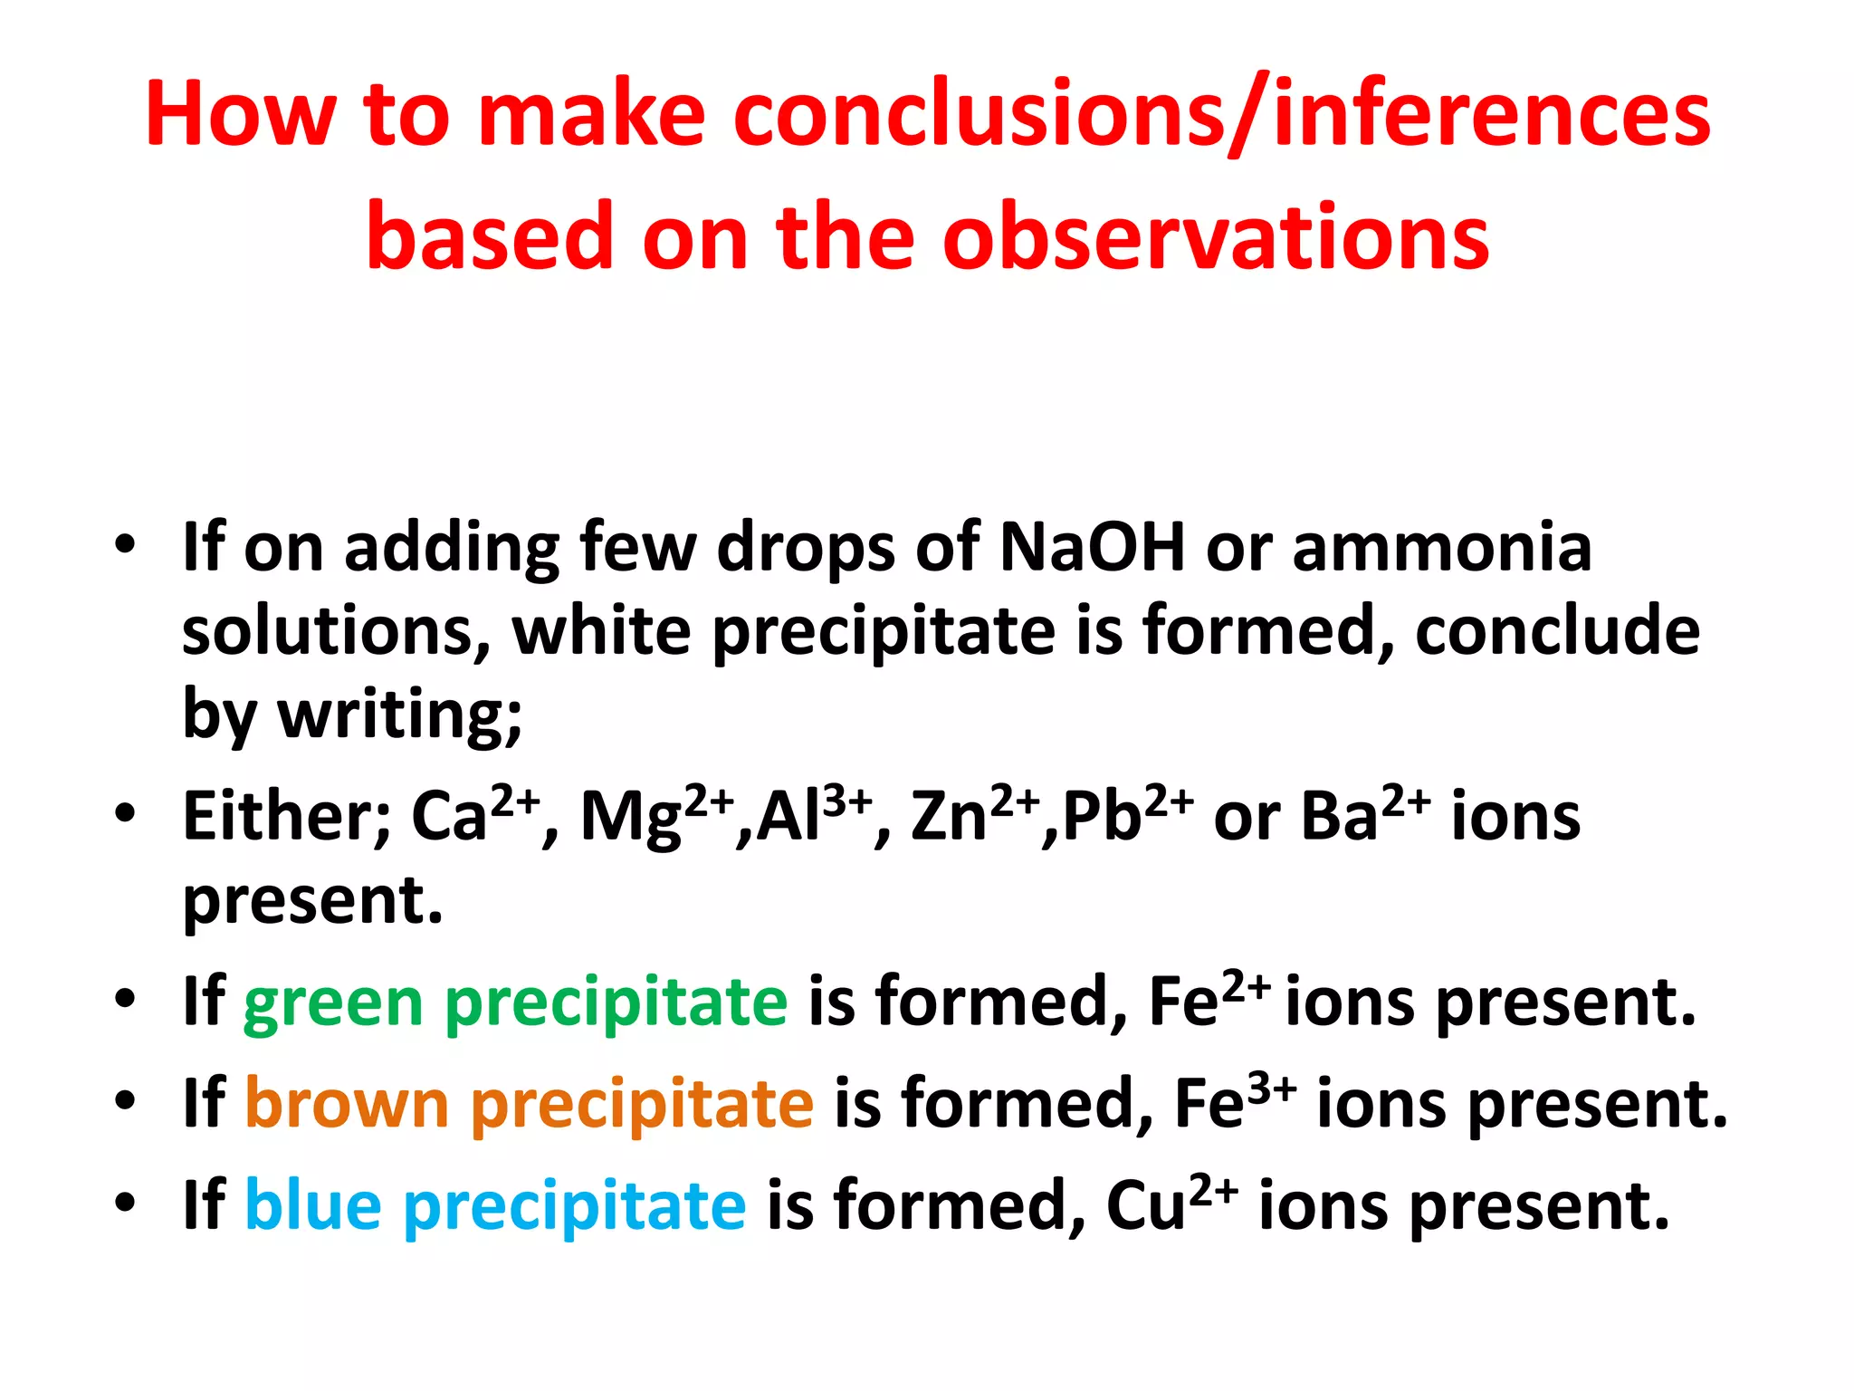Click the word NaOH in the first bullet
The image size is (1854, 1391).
pos(1092,547)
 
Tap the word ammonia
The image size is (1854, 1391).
pos(1441,547)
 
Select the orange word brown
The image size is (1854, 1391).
pos(347,1104)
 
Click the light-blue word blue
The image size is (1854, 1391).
pos(313,1205)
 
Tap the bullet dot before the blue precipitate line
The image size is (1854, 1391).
pos(125,1203)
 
